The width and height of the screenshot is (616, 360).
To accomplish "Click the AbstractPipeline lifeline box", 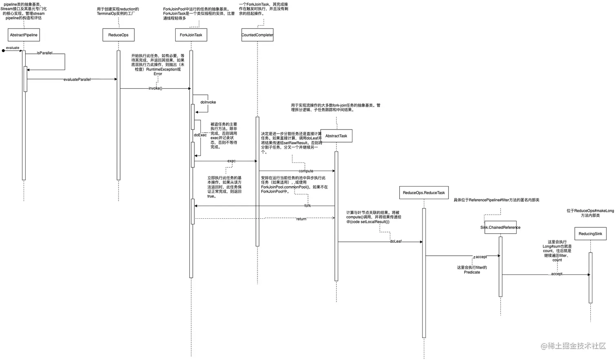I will coord(24,35).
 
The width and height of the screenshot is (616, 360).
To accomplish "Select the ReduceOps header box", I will coord(118,35).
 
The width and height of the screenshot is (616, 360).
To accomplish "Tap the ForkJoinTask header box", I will coord(191,35).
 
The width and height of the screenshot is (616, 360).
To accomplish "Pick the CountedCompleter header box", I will coord(257,35).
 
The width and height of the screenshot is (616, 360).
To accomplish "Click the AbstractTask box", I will coord(336,136).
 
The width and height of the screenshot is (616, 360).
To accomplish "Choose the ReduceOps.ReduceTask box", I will coord(424,193).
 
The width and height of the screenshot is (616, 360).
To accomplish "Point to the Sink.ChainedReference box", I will coord(500,227).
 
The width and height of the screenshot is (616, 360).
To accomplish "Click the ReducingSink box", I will coord(590,234).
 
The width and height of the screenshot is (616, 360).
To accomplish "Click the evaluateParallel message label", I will coord(77,79).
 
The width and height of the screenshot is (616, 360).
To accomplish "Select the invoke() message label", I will coord(155,88).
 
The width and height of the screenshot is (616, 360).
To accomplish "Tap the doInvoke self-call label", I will coord(208,102).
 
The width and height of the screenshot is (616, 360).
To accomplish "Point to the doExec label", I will coord(200,135).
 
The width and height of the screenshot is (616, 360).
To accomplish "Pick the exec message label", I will coord(231,161).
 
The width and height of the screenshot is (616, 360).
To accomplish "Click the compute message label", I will coord(306,171).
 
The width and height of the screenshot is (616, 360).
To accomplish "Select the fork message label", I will coord(308,206).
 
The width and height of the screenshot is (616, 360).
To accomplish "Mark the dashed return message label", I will coord(301,219).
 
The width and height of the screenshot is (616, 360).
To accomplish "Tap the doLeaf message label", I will coord(396,241).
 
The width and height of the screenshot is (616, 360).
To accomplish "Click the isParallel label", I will coord(44,53).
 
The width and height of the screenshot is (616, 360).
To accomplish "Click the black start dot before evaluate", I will coord(3,51).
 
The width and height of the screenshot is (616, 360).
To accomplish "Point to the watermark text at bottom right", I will coord(574,346).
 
